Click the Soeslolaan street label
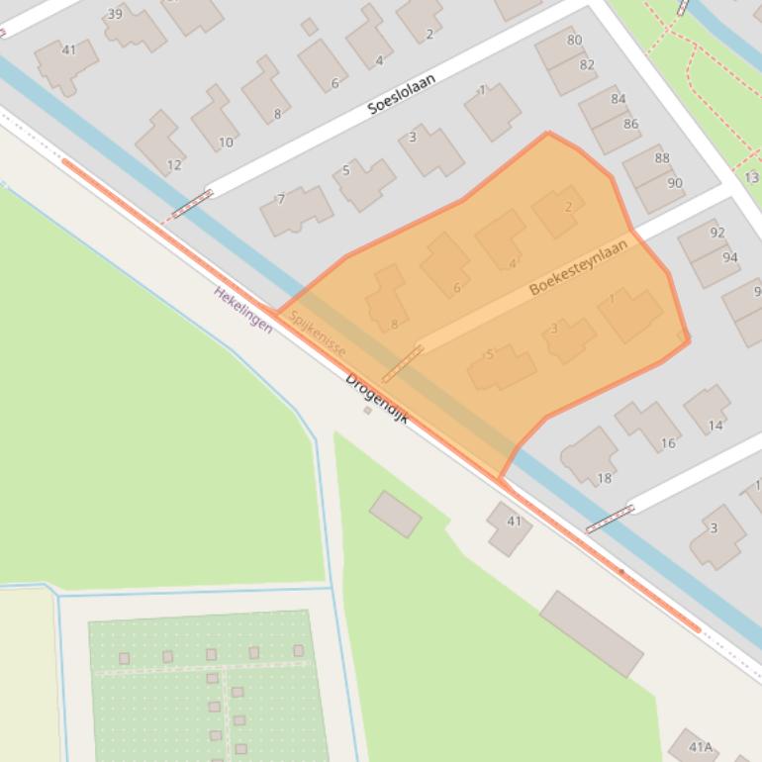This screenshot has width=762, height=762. [402, 93]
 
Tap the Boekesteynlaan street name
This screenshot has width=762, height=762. [578, 268]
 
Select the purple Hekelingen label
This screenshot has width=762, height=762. [243, 309]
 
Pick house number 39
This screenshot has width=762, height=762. [115, 14]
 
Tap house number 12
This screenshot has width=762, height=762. [174, 165]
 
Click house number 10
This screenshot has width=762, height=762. [226, 143]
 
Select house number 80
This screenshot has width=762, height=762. [574, 41]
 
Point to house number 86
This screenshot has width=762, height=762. [630, 124]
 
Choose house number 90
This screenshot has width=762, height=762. [675, 183]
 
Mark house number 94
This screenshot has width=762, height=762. [730, 257]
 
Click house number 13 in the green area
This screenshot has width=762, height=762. [752, 178]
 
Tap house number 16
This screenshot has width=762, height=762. [668, 443]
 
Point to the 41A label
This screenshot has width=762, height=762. [702, 747]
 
